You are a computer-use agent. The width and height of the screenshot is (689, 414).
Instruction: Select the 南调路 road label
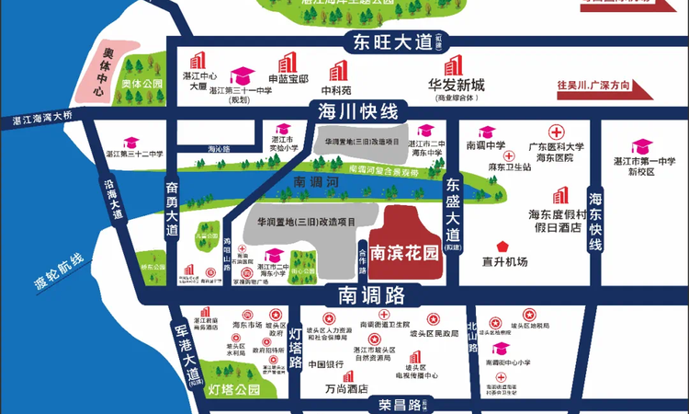pos(371,295)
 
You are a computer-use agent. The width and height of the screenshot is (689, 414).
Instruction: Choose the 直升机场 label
pos(505,262)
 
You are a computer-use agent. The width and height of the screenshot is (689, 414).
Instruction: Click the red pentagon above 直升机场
pos(503,246)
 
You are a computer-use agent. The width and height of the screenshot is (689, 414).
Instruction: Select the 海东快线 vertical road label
pos(595,222)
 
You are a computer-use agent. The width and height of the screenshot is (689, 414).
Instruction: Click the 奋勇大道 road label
pos(172,211)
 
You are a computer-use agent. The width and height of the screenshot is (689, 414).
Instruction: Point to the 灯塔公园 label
pos(234,389)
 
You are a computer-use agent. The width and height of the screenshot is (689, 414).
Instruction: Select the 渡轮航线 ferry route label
pos(64,273)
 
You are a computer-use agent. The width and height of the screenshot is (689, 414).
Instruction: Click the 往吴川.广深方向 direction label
pos(595,86)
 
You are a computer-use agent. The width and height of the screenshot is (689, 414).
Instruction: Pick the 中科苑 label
pos(336,91)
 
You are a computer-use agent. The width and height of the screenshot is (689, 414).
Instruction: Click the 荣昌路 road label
pos(400,404)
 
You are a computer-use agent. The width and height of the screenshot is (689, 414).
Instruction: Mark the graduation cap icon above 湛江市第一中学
pos(641,145)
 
